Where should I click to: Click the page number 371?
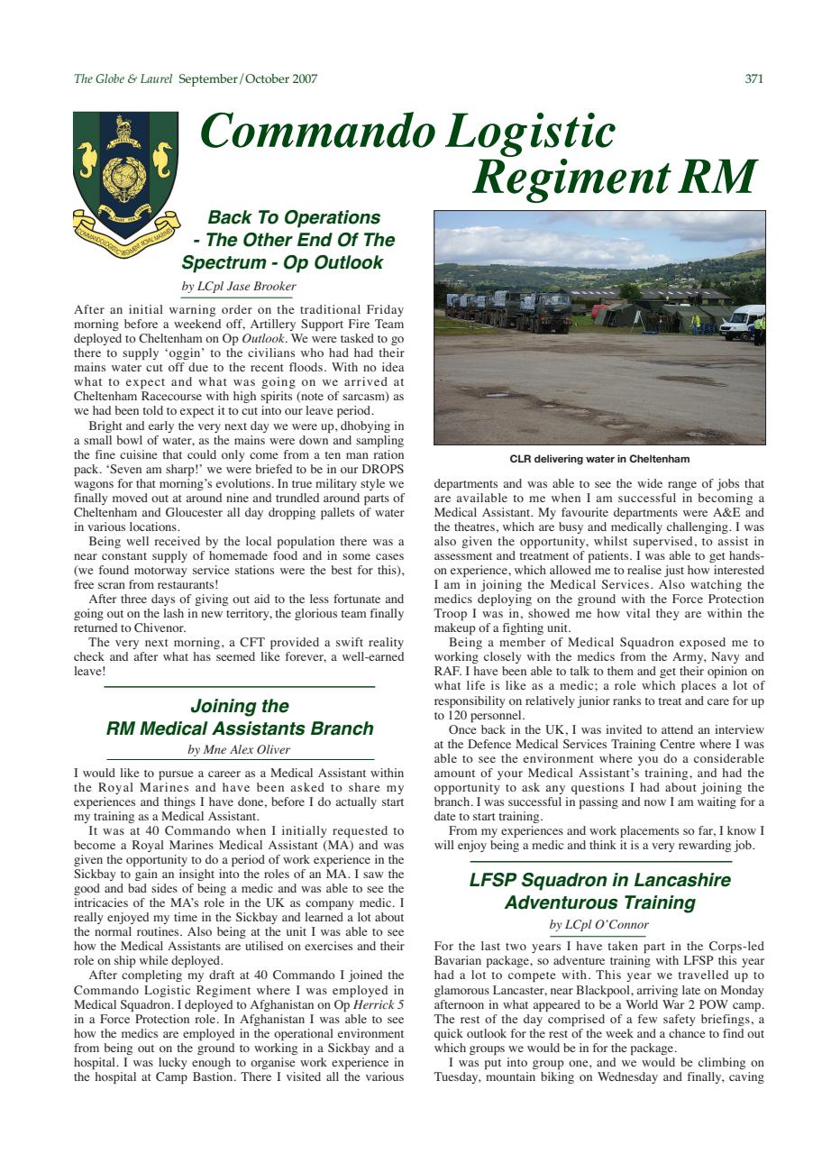tap(754, 79)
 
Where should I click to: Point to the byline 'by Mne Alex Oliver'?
tap(239, 749)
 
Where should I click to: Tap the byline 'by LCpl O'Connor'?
tap(598, 925)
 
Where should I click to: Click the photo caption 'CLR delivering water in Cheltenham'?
tap(599, 460)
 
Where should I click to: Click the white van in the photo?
tap(744, 322)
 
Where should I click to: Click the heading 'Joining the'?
tap(239, 706)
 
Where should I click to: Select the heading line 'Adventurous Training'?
tap(599, 902)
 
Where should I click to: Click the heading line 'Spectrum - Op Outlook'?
tap(282, 263)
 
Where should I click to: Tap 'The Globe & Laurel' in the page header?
tap(123, 79)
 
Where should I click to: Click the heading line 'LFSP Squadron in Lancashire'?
tap(599, 880)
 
